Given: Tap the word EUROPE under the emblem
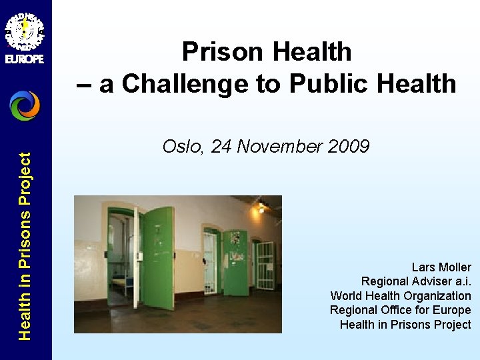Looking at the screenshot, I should click(x=25, y=59).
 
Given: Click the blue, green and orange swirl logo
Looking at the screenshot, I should click(x=25, y=105).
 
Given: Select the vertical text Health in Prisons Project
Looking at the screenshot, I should click(x=25, y=247).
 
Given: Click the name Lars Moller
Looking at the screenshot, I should click(x=441, y=267).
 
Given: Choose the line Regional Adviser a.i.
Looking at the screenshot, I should click(x=416, y=281).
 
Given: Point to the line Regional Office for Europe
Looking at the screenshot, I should click(x=400, y=310).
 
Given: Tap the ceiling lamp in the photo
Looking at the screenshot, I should click(x=261, y=207).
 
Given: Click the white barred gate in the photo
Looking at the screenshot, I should click(x=265, y=265).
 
